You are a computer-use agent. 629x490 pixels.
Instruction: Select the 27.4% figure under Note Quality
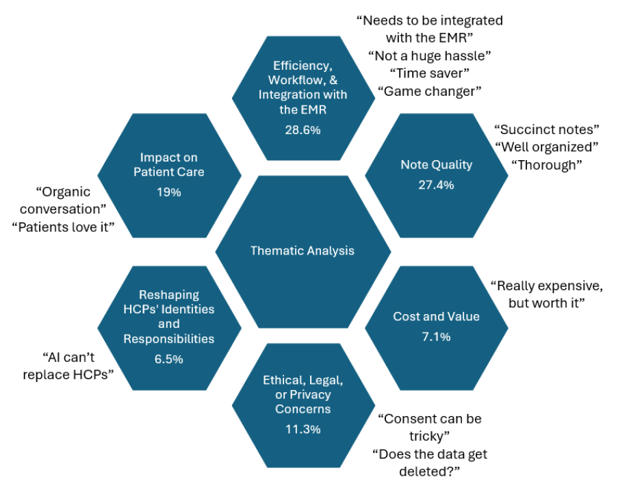436,185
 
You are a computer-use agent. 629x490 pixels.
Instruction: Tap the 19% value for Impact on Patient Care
169,192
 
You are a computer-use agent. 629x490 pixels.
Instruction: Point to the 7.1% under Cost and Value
436,336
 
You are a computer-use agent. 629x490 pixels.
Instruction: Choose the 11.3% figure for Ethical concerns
303,429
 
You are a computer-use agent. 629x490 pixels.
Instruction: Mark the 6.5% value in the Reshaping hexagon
169,359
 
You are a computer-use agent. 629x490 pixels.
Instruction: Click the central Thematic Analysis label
303,250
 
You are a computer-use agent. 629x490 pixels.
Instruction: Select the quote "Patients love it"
63,227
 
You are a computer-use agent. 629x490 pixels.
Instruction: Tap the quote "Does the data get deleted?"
430,462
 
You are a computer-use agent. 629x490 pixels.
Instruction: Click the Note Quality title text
436,165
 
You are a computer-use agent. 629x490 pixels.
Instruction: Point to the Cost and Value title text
436,316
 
